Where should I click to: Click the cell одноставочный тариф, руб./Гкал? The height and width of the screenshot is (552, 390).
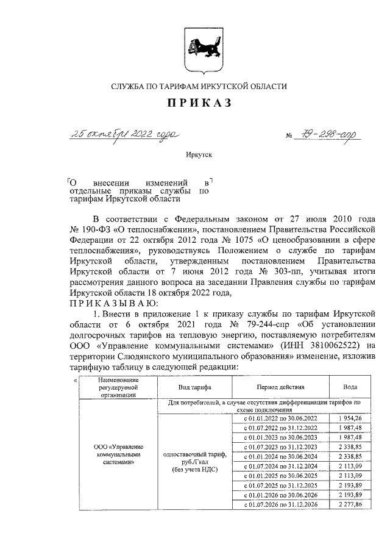(193, 461)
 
